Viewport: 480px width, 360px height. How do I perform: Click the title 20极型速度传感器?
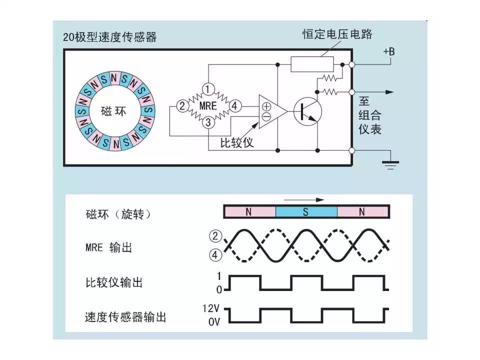109,37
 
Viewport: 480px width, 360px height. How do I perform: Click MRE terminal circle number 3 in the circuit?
208,122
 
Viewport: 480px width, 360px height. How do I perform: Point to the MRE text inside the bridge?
208,106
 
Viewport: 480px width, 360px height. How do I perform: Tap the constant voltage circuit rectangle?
312,64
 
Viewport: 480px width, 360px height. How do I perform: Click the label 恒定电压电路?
337,34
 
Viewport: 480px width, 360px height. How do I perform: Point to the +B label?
388,51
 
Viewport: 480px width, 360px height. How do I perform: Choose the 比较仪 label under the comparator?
237,142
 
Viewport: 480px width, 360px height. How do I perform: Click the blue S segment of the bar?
306,212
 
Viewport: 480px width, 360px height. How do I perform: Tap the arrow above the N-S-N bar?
304,200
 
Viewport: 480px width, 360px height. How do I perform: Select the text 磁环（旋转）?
118,214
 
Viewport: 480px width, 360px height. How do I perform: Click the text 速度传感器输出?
125,317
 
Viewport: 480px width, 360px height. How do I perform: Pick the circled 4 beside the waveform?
215,255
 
